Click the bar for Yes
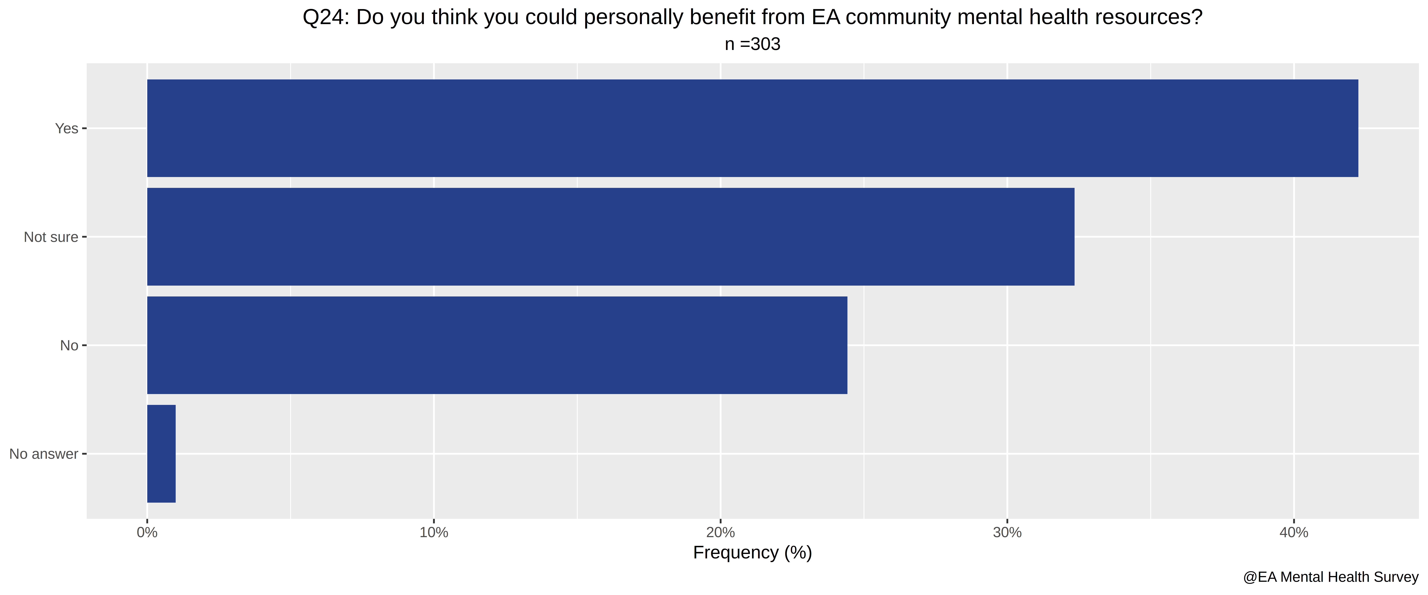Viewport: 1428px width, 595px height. coord(752,128)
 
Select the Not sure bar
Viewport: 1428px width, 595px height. coord(610,237)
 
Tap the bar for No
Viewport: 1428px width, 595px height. coord(497,345)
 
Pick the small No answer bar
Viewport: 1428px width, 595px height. coord(161,454)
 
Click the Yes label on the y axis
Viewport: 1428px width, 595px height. coord(66,129)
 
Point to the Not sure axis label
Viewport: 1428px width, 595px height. coord(51,237)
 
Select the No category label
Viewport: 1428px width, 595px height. coord(69,346)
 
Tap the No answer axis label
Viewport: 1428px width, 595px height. coord(44,454)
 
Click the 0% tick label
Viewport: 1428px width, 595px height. coord(147,533)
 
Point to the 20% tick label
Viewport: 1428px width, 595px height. coord(721,533)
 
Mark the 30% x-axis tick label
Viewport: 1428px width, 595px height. coord(1007,533)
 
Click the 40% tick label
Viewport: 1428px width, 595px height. coord(1294,533)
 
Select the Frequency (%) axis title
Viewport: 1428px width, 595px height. coord(752,553)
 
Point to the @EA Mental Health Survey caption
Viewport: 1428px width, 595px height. coord(1330,577)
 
